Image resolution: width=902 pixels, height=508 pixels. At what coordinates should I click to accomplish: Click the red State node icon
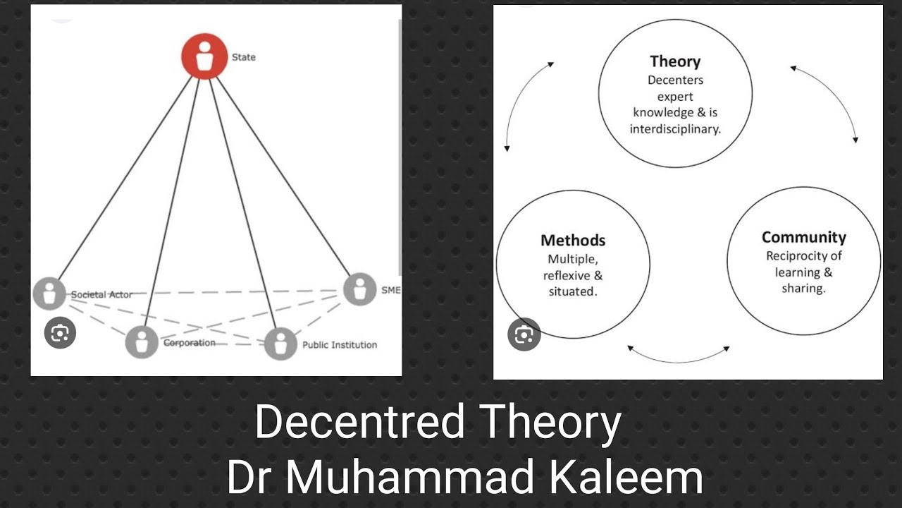204,56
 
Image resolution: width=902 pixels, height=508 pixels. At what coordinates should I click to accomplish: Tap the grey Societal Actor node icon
49,294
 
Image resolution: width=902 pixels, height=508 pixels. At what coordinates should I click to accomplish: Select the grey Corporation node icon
142,342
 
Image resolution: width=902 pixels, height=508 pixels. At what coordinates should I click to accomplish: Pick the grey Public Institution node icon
280,344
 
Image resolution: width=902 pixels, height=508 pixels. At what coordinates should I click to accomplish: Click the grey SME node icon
360,289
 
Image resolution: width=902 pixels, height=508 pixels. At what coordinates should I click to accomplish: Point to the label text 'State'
244,57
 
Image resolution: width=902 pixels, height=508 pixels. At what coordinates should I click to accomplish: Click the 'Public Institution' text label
340,345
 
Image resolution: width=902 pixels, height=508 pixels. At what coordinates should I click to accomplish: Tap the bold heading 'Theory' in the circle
675,61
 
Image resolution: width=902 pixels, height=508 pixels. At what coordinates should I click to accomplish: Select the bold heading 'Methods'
573,241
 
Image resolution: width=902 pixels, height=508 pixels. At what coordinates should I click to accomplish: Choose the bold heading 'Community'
803,237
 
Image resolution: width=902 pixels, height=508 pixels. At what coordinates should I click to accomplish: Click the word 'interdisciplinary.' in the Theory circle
675,129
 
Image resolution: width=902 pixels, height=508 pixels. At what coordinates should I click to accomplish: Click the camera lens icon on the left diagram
60,333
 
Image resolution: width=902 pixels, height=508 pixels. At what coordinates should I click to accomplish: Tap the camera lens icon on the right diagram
524,334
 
